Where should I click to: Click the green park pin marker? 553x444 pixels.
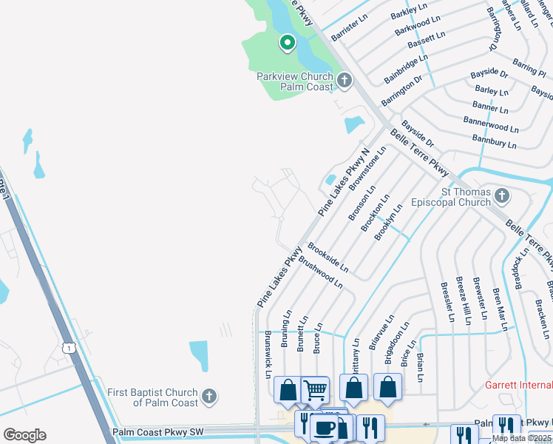tap(287, 44)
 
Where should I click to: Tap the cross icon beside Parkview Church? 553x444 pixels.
tap(344, 80)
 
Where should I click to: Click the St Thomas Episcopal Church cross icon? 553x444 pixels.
tap(502, 196)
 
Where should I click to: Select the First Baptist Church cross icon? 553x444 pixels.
tap(209, 397)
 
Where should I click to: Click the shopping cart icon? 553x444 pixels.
tap(316, 389)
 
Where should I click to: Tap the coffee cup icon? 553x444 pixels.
tap(324, 427)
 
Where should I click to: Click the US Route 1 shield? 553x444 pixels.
tap(69, 347)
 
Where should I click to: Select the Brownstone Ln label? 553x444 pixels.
tap(368, 169)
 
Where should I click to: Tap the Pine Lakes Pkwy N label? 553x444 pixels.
tap(344, 183)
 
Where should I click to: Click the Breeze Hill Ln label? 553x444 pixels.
tap(464, 298)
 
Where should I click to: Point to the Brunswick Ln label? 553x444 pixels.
tap(268, 354)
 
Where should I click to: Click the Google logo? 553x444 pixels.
tap(24, 435)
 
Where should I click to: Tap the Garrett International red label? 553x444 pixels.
tap(518, 385)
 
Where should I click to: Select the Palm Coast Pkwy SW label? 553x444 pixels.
tap(159, 431)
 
